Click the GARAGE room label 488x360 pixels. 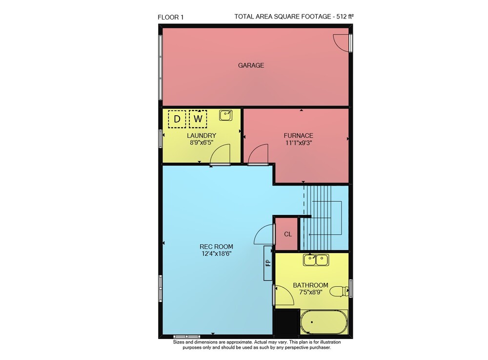pos(251,65)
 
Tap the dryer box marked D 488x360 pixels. pos(177,119)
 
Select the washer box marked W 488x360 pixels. pos(198,119)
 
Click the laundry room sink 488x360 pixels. pos(225,115)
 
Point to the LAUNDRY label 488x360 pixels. pos(202,135)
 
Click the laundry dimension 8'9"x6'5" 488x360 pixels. pos(202,143)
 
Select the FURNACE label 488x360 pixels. pos(298,135)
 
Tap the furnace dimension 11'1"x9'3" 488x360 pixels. pos(299,143)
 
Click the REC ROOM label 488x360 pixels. pos(216,246)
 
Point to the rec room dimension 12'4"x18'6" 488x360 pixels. pos(216,254)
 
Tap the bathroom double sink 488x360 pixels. pos(316,260)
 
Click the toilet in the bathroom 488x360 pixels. pos(339,292)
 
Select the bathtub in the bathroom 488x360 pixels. pos(324,322)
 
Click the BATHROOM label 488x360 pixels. pos(310,285)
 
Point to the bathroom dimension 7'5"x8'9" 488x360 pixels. pos(310,293)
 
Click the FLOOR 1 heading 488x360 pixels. pos(170,18)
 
